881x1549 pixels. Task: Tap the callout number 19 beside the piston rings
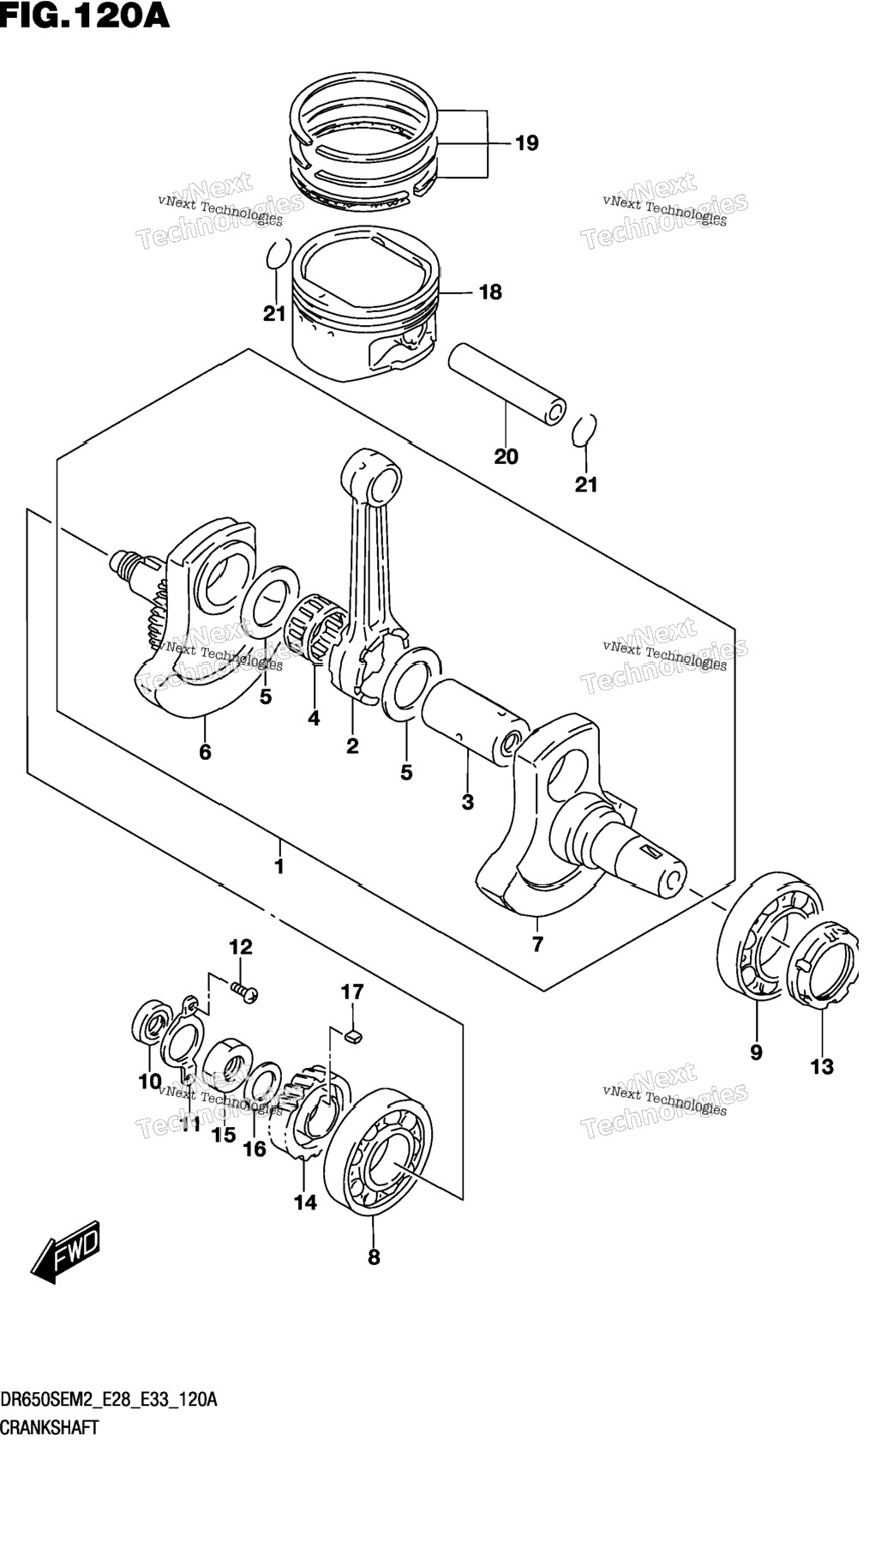point(526,143)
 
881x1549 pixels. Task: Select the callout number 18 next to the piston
point(490,292)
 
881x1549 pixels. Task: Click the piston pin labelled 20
point(508,383)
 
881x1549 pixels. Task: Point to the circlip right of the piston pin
point(584,430)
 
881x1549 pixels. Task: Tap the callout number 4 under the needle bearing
point(314,718)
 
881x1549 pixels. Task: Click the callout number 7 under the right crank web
point(537,944)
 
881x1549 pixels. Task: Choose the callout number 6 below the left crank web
point(205,752)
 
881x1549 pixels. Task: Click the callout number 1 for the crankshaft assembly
point(279,866)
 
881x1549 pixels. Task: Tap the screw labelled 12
point(244,991)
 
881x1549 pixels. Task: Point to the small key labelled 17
point(353,1037)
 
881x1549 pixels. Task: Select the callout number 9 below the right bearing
point(756,1052)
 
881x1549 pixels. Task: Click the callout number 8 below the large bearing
point(374,1257)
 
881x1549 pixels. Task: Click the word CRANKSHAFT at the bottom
point(50,1428)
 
